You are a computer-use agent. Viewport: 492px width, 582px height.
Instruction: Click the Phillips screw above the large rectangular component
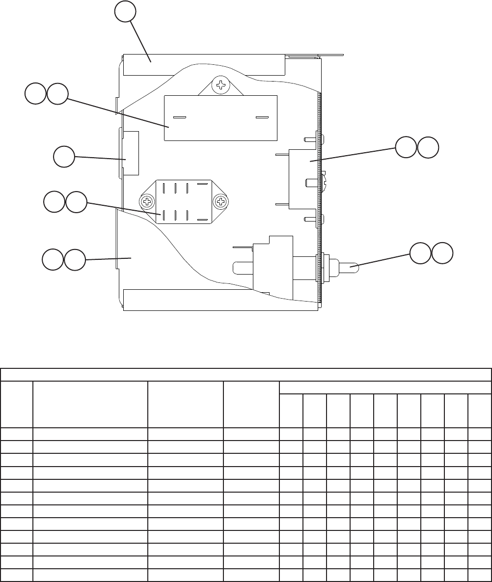point(221,85)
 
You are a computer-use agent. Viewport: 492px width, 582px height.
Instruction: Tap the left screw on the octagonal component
point(147,201)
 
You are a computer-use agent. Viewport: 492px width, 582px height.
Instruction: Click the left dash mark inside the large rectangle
point(179,118)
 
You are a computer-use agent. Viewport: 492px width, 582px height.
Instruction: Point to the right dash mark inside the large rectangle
point(262,118)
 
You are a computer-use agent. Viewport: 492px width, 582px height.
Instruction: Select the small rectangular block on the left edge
point(130,153)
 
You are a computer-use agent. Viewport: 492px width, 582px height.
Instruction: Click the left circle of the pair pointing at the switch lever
point(420,253)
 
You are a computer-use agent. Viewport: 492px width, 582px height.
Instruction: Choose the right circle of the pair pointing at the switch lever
point(442,253)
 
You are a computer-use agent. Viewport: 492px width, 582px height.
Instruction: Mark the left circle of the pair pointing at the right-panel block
point(406,148)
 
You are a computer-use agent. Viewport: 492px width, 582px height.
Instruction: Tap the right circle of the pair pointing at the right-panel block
point(428,148)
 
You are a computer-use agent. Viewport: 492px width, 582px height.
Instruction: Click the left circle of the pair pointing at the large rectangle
point(35,94)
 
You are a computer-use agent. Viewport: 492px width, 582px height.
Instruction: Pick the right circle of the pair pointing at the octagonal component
point(76,202)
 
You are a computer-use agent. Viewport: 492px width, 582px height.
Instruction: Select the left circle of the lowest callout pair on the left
point(52,259)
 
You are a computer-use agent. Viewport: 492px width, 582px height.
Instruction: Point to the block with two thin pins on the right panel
point(303,179)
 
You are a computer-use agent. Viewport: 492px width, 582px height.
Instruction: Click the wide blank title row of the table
point(246,375)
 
